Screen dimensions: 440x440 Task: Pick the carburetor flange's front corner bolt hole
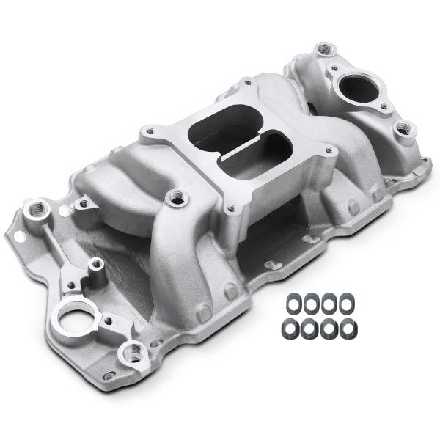point(232,209)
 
